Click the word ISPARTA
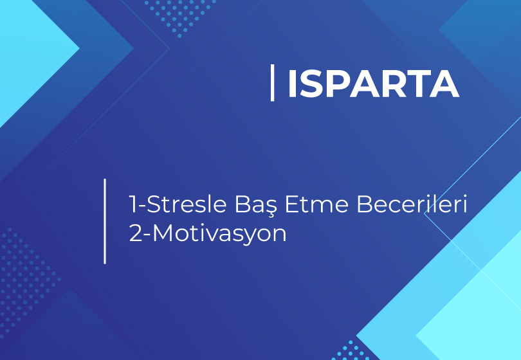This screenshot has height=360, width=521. point(374,84)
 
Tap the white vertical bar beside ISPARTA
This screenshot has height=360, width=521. point(273,83)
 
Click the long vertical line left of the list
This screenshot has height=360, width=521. point(105,221)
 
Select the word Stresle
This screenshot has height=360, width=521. point(187,204)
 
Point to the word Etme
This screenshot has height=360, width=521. point(316,204)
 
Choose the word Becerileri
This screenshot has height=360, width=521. point(412,204)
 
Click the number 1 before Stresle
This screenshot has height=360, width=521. point(133,204)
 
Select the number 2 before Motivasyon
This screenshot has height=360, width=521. point(135,233)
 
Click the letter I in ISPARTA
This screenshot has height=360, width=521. point(292,84)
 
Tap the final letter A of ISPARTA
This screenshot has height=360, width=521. point(444,84)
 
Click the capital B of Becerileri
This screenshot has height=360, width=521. point(364,204)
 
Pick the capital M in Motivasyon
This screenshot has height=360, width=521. point(163,233)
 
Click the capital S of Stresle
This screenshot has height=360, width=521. point(154,204)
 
